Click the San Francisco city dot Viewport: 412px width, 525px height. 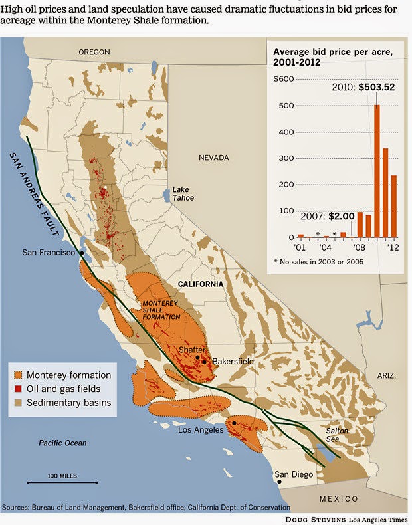(x=82, y=253)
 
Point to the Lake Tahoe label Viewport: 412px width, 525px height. (x=181, y=193)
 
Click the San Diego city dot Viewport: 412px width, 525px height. (x=279, y=482)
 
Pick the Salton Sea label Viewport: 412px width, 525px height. (x=336, y=435)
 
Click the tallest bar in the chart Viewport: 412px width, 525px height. (x=377, y=171)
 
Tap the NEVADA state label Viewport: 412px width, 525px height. (x=214, y=157)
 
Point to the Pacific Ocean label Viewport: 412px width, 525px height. (x=62, y=443)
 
